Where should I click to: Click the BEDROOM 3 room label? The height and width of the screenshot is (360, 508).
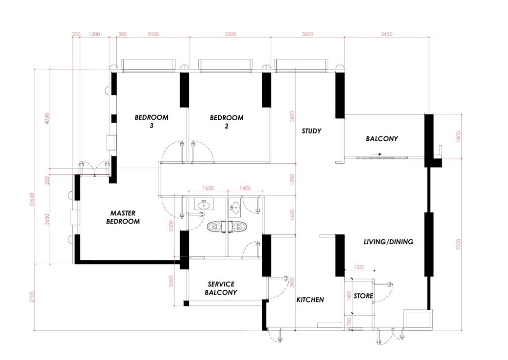coord(151,122)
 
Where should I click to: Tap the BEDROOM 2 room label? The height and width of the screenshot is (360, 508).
coord(227,122)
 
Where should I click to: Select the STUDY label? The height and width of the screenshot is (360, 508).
coord(312,131)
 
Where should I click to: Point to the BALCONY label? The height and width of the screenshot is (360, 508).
coord(381,139)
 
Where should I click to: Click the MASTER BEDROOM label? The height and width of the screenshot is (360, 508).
coord(123,217)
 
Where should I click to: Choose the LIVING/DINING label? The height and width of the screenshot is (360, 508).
coord(388,242)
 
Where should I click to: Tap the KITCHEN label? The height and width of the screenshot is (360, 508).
coord(310,300)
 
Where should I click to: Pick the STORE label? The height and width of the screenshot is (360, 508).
coord(364,296)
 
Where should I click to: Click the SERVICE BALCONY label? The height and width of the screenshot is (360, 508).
coord(221,288)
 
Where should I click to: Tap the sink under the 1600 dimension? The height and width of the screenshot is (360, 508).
coord(202,204)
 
